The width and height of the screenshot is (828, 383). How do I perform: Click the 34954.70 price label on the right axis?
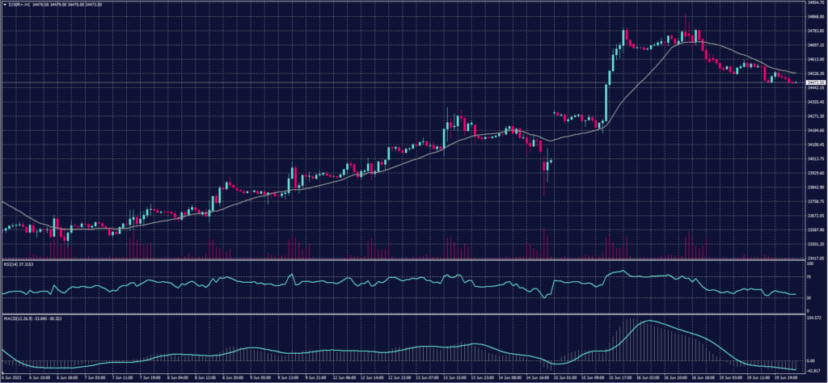[814, 3]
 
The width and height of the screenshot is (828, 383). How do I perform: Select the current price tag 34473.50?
[814, 82]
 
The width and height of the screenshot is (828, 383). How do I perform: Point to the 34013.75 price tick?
[814, 159]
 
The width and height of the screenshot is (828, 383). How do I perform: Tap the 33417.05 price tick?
[814, 259]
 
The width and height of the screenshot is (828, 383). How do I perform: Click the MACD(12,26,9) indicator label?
[31, 318]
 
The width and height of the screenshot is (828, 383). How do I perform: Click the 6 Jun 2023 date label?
[14, 377]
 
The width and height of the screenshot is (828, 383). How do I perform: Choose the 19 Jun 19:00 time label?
[785, 377]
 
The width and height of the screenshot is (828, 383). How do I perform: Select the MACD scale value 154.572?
[814, 319]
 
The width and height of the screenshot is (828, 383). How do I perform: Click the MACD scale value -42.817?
[814, 371]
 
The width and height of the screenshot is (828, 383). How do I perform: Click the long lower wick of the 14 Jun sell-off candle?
[544, 187]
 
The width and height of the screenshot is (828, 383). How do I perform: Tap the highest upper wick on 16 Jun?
[686, 17]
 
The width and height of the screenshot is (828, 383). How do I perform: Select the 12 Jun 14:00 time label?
[372, 377]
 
